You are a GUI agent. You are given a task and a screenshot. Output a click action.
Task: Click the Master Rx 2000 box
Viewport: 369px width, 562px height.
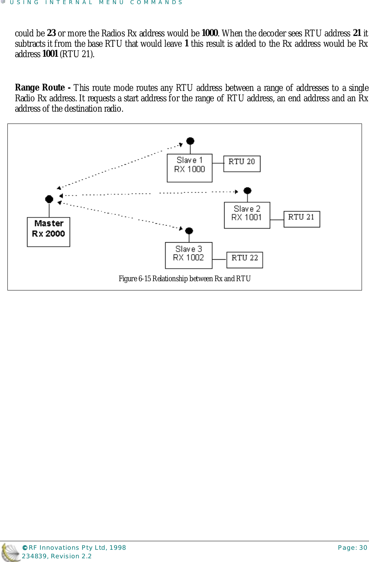coord(49,232)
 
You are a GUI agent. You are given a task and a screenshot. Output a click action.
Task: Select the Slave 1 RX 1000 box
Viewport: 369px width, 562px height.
coord(189,168)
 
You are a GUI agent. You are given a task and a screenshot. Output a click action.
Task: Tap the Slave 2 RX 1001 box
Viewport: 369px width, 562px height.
coord(247,215)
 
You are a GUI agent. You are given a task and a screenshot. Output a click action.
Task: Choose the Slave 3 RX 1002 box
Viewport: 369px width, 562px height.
coord(189,255)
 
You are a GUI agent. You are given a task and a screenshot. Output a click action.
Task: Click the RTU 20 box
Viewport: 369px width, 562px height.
coord(242,164)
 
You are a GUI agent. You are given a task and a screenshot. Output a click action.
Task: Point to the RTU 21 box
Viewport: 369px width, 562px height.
coord(302,219)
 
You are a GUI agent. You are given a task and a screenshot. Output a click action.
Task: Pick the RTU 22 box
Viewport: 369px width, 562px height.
coord(245,260)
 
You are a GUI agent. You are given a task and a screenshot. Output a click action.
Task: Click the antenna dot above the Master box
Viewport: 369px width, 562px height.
coord(49,199)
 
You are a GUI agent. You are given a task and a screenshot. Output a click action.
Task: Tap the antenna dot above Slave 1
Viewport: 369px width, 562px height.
coord(190,141)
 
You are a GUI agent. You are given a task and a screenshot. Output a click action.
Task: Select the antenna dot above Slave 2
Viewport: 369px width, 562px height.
coord(247,191)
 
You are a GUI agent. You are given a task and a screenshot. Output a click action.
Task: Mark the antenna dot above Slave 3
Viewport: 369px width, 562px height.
coord(189,231)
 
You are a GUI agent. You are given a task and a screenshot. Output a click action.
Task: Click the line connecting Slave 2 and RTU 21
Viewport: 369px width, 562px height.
coord(277,220)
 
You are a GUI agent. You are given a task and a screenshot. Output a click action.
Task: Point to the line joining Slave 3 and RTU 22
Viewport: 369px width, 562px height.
coord(219,259)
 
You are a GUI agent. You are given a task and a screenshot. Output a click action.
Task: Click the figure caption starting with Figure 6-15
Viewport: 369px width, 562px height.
coord(184,279)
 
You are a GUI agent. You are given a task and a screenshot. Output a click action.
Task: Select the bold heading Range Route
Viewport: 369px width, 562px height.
coord(40,88)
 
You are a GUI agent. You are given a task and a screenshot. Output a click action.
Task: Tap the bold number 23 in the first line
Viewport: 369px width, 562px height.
coord(51,33)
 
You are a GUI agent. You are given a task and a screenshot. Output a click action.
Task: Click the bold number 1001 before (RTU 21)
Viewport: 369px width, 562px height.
coord(50,54)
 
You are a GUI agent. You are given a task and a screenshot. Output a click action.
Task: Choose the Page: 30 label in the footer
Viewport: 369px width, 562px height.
coord(352,548)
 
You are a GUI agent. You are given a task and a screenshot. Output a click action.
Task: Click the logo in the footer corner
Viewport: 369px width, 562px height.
coord(10,552)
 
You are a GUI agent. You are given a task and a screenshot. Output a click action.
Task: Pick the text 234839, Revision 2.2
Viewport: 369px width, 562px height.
coord(57,556)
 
